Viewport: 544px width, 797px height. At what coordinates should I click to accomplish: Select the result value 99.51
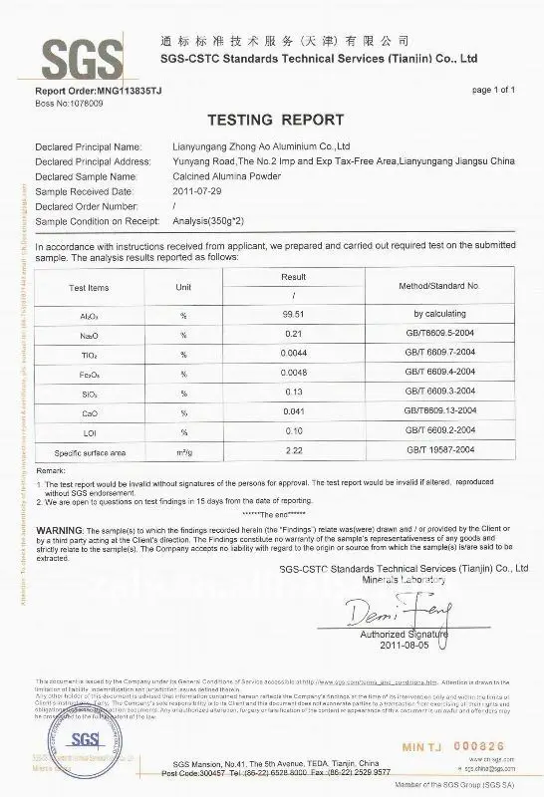292,313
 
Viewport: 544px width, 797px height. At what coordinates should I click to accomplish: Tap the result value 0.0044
292,354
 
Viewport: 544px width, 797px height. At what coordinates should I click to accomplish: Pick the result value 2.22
292,450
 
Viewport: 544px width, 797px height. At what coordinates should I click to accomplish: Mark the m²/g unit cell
183,452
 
